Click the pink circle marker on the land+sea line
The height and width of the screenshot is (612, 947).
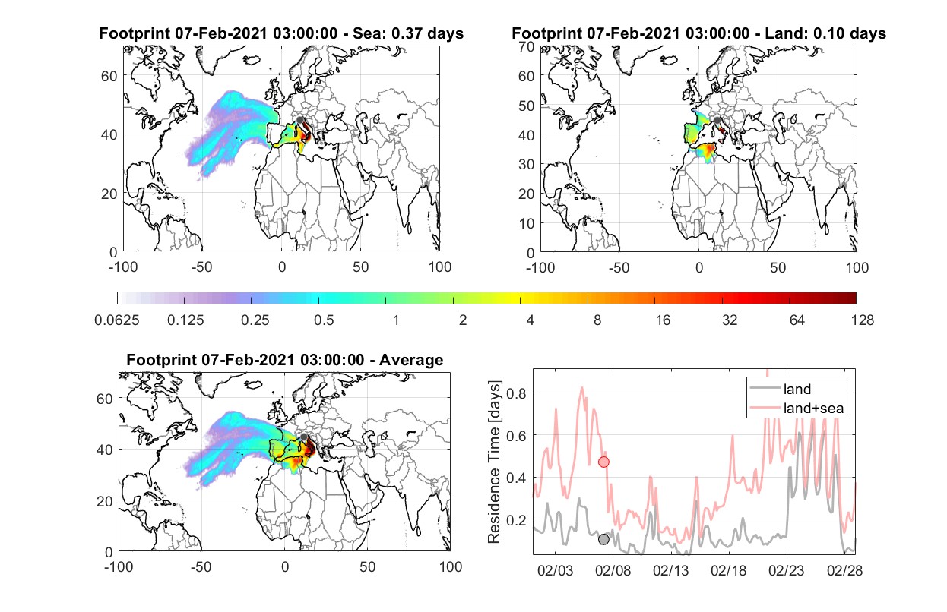603,462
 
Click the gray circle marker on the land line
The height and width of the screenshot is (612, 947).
603,539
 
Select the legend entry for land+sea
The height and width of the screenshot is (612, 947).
797,408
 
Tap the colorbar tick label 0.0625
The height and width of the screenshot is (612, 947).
117,320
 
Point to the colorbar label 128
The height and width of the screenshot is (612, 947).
862,320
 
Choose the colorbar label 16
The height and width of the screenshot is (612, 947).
663,320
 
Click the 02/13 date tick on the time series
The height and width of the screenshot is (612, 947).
670,571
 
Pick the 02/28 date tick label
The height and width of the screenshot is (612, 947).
844,571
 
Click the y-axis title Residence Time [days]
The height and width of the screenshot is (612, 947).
494,462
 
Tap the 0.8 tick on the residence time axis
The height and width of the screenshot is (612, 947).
516,393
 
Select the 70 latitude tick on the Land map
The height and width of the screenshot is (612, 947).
527,46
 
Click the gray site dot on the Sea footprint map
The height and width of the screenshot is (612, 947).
299,120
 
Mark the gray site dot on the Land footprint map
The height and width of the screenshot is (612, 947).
717,121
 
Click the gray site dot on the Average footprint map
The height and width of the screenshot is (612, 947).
304,437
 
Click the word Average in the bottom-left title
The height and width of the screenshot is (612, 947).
411,360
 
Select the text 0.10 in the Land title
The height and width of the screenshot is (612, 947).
828,33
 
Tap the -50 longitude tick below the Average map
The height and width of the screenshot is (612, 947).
201,566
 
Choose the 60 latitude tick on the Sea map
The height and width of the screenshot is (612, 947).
109,76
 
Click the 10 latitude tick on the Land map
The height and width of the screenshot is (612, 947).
527,223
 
